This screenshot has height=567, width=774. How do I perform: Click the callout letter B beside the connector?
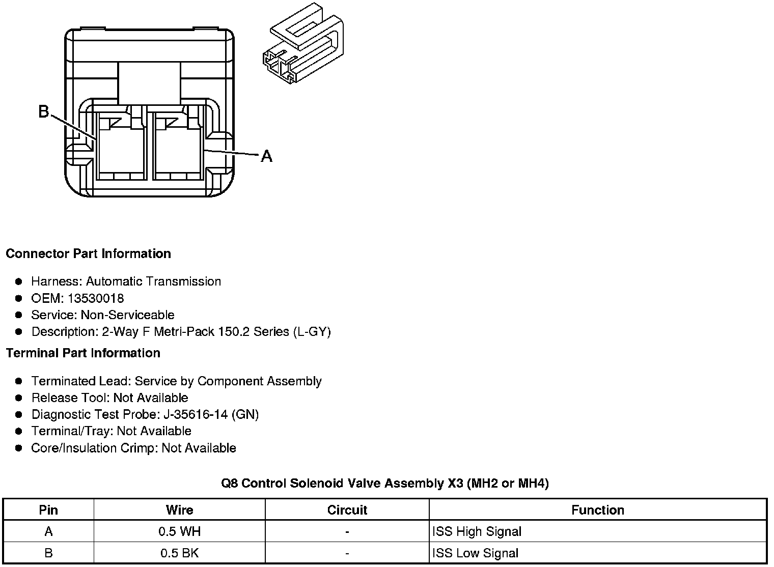point(44,111)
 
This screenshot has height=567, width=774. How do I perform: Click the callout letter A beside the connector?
point(266,156)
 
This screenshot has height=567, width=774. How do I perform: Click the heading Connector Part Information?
point(88,253)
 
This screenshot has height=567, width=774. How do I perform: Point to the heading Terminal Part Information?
point(83,353)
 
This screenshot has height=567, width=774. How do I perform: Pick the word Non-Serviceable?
point(127,315)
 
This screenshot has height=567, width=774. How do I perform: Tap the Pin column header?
point(48,510)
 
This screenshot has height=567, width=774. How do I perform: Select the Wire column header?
point(179,510)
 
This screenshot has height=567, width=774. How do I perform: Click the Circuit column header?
point(347,510)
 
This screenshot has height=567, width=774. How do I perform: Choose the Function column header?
point(597,510)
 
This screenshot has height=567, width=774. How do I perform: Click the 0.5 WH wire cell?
point(179,532)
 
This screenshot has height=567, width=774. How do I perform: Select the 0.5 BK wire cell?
point(179,553)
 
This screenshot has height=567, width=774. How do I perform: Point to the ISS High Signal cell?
point(477,532)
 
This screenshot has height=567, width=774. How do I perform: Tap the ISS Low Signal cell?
point(475,553)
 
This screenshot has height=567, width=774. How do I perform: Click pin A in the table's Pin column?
point(48,532)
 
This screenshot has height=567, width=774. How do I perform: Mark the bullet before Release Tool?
point(19,398)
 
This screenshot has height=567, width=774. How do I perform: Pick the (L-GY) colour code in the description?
point(312,332)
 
